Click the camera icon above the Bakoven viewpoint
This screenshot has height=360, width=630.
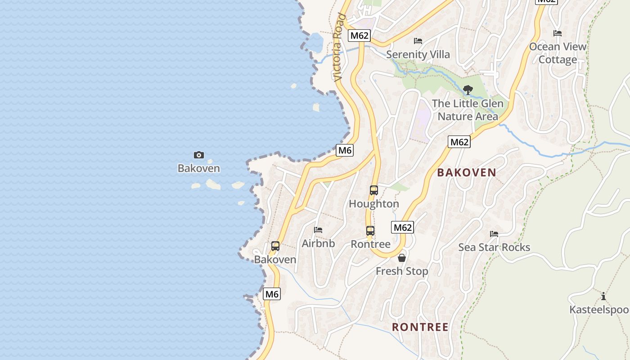click(x=198, y=155)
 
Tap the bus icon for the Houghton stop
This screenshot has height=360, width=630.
click(x=373, y=190)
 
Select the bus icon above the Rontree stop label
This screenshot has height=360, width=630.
click(x=370, y=231)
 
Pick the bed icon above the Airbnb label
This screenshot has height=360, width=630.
click(x=318, y=230)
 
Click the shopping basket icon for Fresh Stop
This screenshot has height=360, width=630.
click(x=402, y=258)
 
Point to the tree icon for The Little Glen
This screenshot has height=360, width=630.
click(x=468, y=90)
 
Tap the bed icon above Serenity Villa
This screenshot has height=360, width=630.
click(x=418, y=41)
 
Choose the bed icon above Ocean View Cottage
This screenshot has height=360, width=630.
click(x=558, y=33)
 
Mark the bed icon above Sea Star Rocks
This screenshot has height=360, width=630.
click(x=494, y=234)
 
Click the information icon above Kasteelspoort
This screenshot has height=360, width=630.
click(x=603, y=296)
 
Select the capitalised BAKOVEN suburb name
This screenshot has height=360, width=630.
click(x=466, y=172)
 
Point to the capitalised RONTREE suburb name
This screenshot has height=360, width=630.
click(x=420, y=327)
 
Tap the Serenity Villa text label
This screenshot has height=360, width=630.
click(x=418, y=54)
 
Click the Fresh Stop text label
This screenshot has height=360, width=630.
click(x=402, y=271)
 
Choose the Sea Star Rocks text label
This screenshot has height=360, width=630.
click(x=494, y=247)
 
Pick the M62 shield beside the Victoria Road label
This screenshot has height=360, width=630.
click(x=359, y=35)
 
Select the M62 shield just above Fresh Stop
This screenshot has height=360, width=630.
click(x=402, y=227)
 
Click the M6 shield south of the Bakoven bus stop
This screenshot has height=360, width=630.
click(x=272, y=294)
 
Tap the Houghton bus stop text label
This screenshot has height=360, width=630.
click(x=373, y=204)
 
